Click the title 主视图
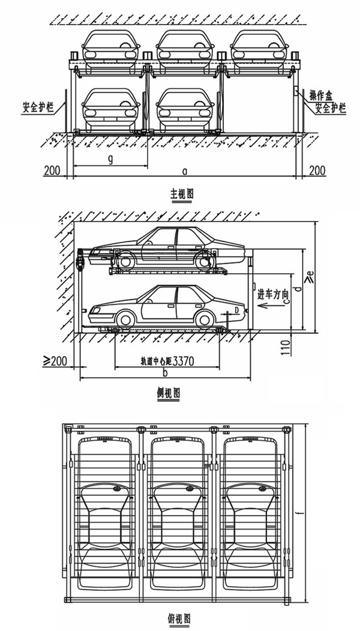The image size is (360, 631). pos(182,194)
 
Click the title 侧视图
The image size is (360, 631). pos(168,393)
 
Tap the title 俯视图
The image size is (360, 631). pos(179,618)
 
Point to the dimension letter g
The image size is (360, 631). pos(110,159)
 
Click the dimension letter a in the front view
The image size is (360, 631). pos(185,171)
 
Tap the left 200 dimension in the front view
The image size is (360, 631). pos(52,171)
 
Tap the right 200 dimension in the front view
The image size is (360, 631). pos(317,171)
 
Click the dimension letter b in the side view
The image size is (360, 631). pos(165,373)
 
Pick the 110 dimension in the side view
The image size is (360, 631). pos(286,347)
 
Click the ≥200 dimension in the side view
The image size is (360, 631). pos(55,361)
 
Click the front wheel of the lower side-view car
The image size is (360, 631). pos(126,320)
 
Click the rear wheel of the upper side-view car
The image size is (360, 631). pos(205,261)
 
